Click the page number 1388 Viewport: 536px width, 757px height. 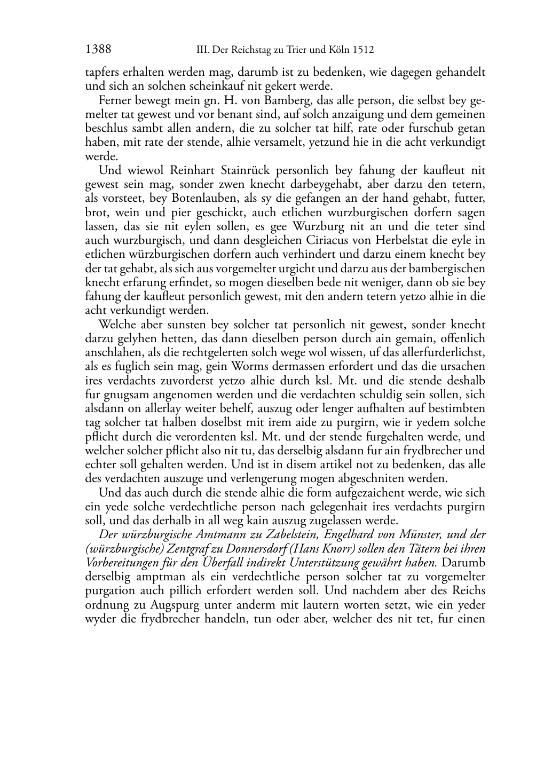click(98, 50)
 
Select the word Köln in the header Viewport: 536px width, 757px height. click(337, 50)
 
